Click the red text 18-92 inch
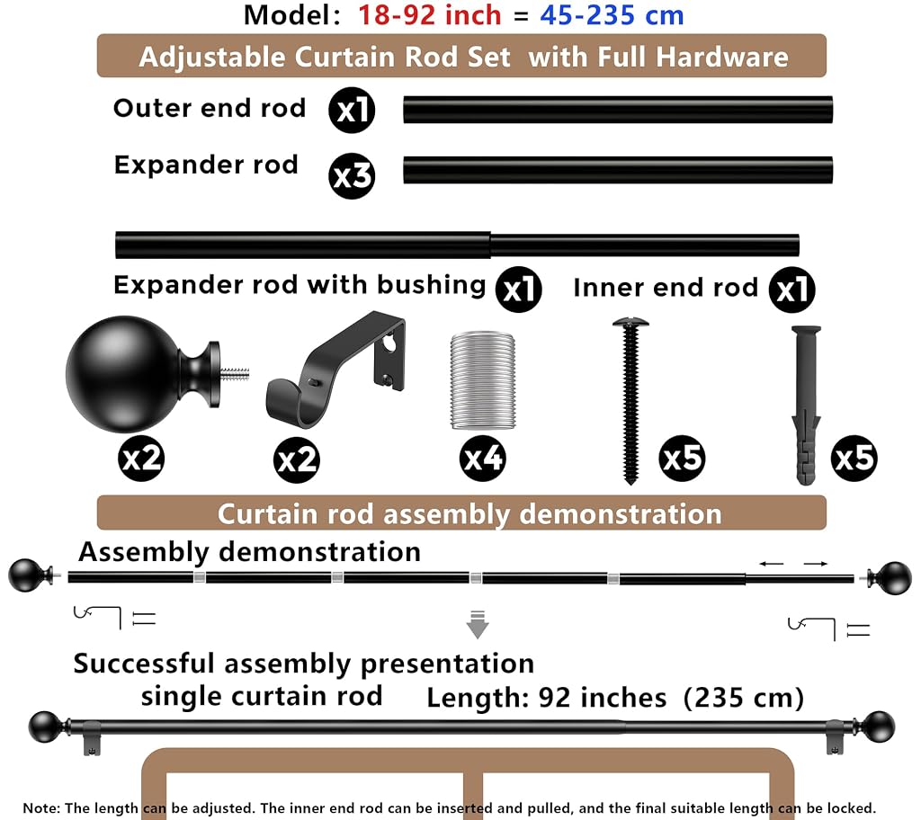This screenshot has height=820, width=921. [x=429, y=14]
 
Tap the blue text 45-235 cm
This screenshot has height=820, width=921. [x=612, y=14]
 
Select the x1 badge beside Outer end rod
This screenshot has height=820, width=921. [x=352, y=110]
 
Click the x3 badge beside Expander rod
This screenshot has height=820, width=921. [x=352, y=176]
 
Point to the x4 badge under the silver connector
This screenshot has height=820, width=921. [x=483, y=459]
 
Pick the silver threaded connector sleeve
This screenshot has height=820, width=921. [x=483, y=380]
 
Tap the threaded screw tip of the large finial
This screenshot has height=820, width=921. [x=235, y=373]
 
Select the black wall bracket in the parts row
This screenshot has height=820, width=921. [x=336, y=369]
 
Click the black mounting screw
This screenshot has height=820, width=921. [x=630, y=402]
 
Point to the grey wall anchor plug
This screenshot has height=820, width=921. [x=806, y=406]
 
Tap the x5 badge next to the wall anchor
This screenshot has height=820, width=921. [x=854, y=459]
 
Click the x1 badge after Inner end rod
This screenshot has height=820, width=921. [x=792, y=290]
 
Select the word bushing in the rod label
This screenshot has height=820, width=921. [x=431, y=286]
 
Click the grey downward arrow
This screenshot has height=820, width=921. [x=478, y=624]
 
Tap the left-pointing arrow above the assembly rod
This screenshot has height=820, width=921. [x=771, y=564]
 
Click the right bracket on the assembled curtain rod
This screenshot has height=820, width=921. [x=835, y=737]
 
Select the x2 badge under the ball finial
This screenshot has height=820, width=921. [x=141, y=459]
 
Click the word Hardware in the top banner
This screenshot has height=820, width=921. [x=722, y=58]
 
